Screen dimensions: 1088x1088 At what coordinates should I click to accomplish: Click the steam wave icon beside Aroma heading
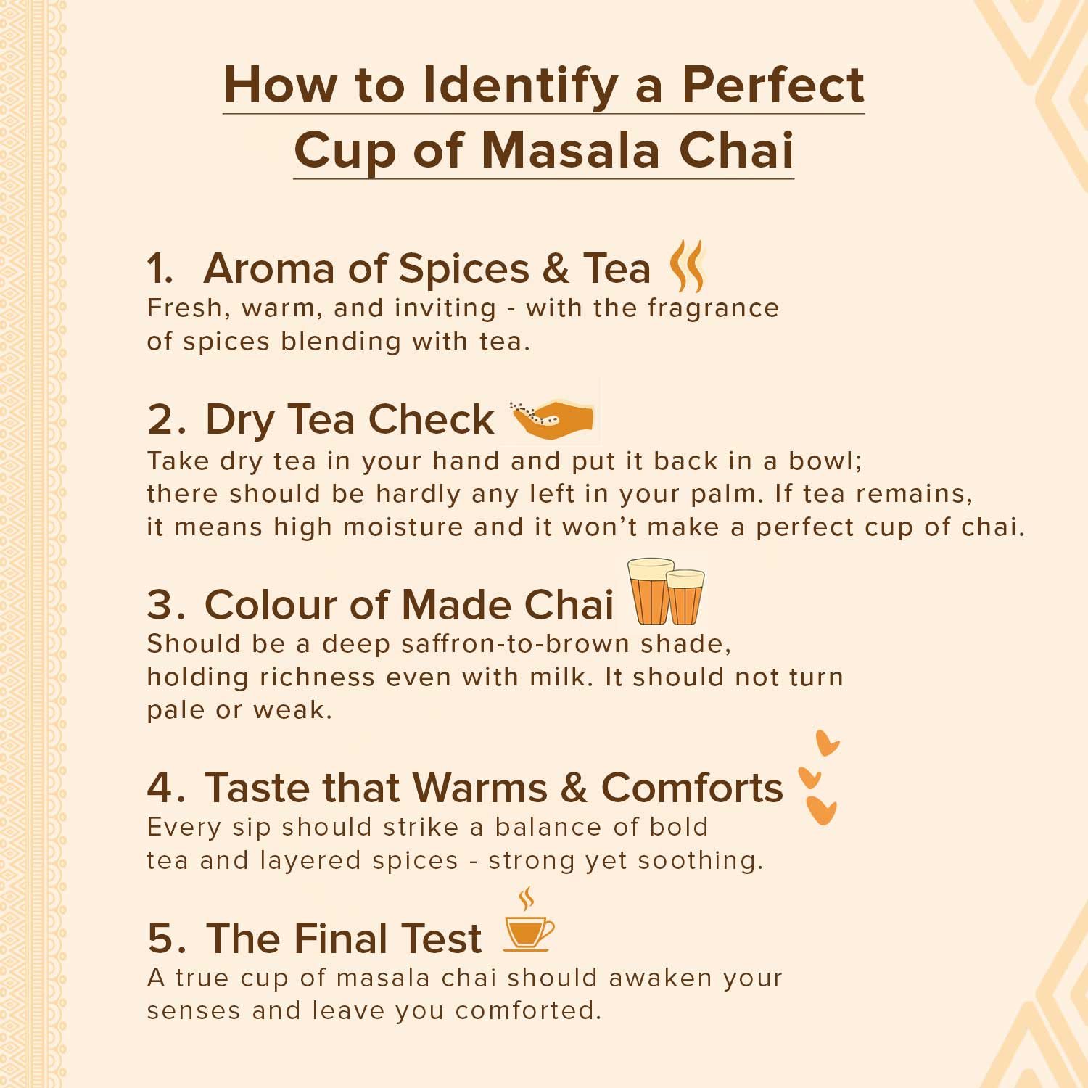687,266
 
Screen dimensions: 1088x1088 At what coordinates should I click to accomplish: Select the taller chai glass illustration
651,591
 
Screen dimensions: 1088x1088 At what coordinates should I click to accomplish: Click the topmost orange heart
826,743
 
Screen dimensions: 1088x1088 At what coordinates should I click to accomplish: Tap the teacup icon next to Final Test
529,919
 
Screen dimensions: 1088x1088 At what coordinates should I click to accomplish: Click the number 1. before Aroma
160,269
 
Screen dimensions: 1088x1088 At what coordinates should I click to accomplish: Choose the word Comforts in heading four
692,788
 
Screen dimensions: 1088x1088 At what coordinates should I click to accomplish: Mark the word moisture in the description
403,527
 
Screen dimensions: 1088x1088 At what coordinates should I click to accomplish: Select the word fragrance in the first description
713,309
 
